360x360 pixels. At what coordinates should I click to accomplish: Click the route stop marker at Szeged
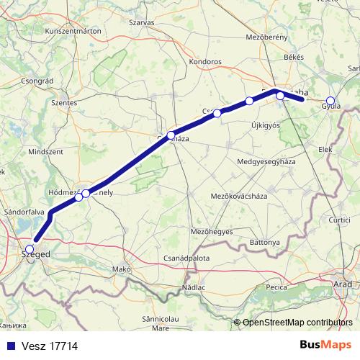click(x=29, y=249)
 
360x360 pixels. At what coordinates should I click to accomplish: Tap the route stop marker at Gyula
click(x=330, y=101)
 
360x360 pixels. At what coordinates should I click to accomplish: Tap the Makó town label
click(x=122, y=269)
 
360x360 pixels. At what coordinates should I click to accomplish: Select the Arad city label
click(x=343, y=285)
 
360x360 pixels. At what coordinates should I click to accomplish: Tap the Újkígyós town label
click(x=264, y=126)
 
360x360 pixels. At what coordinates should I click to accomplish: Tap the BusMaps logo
click(x=325, y=345)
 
